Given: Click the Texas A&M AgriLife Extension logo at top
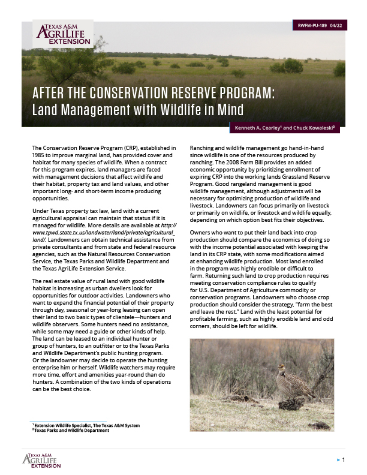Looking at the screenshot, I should coord(59,35).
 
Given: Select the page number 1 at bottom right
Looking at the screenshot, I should coord(344,459).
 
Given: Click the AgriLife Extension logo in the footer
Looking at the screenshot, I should coord(41,459).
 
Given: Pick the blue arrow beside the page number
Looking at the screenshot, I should coord(338,460).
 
